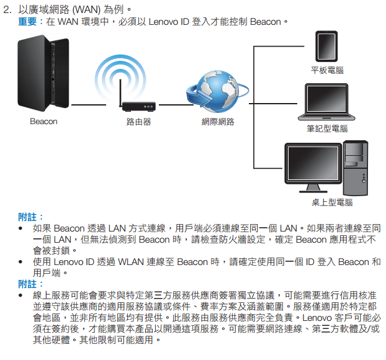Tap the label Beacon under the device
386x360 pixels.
pos(43,122)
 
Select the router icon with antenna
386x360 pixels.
pos(138,106)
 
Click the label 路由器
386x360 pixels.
pos(138,122)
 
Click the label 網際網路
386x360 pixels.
pos(218,122)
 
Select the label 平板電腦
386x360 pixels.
pos(327,71)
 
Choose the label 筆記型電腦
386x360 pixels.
pos(327,128)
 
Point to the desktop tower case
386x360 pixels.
pos(359,166)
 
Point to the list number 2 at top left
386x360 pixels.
pos(7,11)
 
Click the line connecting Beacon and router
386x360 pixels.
pos(93,106)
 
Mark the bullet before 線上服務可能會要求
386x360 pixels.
pos(22,295)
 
